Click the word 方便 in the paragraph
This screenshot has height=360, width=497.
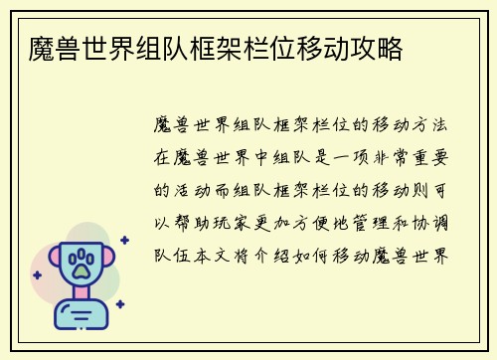(332, 221)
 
